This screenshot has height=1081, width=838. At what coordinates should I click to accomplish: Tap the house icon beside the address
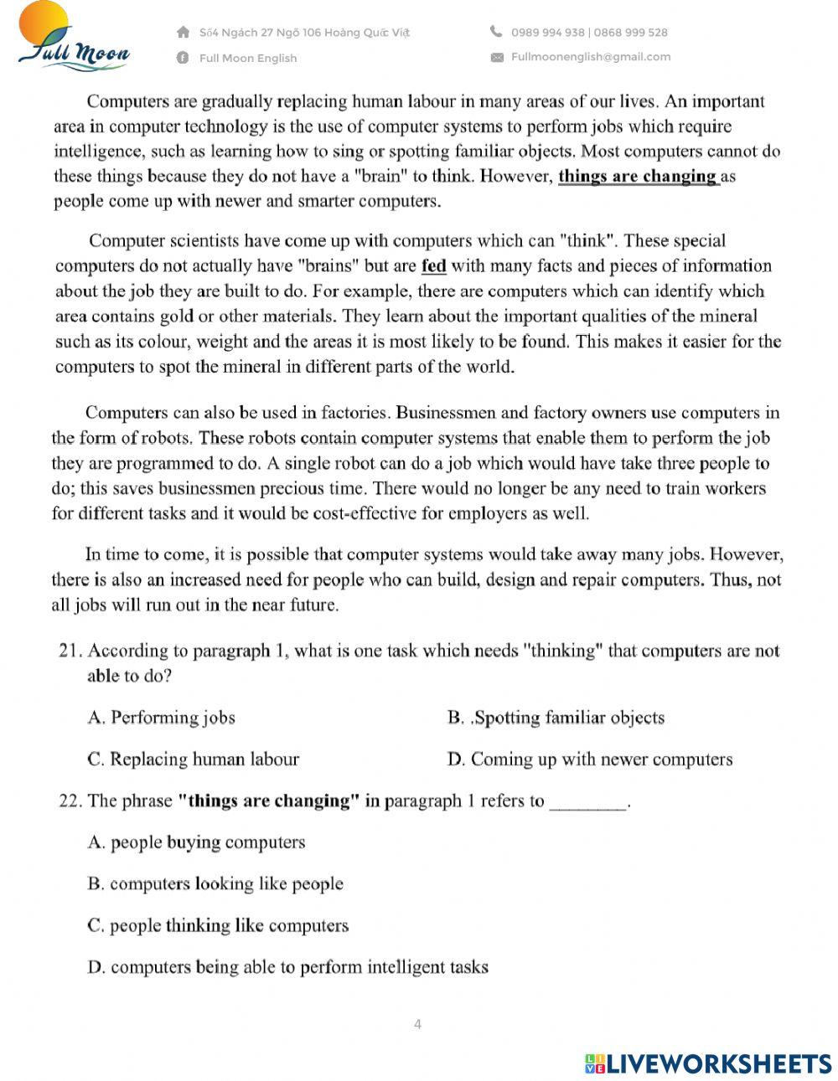tap(183, 32)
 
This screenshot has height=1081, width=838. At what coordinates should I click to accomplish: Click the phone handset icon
tap(496, 32)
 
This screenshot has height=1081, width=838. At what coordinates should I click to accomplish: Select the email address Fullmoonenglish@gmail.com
tap(591, 57)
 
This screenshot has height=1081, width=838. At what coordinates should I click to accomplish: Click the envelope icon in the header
tap(497, 57)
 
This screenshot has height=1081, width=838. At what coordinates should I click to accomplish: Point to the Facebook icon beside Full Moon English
tap(183, 58)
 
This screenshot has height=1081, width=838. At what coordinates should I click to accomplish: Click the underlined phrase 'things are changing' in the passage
tap(638, 177)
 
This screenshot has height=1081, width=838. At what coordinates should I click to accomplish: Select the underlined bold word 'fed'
tap(433, 266)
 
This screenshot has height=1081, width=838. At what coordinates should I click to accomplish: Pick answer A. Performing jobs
tap(161, 718)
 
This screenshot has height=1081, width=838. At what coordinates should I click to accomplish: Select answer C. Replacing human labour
tap(193, 759)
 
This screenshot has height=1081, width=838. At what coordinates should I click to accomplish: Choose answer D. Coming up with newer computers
tap(590, 759)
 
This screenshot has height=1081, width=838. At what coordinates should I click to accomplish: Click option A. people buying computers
tap(196, 842)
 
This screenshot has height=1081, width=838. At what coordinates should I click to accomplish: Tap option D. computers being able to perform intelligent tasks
tap(287, 967)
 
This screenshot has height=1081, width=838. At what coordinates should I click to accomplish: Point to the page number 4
tap(417, 1024)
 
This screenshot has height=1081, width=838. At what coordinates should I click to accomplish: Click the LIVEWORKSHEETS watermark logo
tap(708, 1063)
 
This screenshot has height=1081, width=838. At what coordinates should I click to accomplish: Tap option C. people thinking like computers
tap(218, 925)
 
